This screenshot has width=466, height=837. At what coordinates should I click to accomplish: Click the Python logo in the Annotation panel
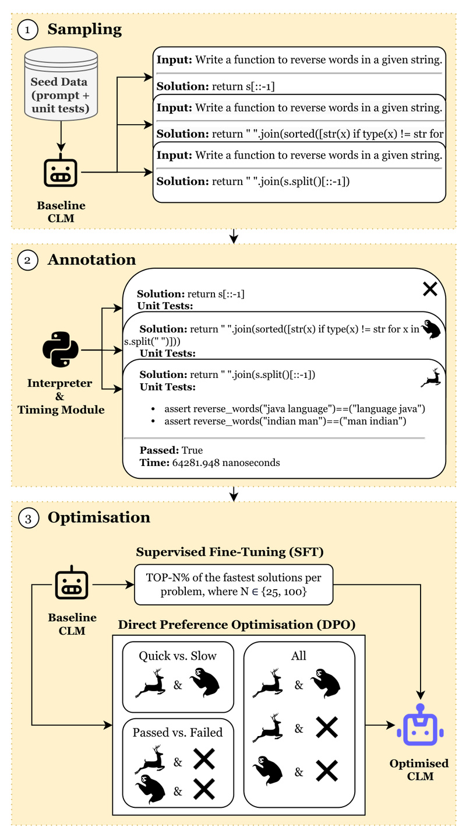(61, 349)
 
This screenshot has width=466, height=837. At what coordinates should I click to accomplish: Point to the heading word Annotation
(91, 260)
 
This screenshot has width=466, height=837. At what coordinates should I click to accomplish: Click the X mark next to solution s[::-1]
(429, 288)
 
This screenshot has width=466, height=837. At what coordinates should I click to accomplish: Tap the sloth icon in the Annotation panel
(432, 330)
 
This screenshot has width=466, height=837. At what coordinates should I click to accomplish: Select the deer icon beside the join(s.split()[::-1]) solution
(430, 378)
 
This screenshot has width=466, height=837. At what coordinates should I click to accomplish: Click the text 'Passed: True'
(171, 450)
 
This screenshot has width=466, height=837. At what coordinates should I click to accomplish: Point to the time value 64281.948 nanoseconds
(226, 463)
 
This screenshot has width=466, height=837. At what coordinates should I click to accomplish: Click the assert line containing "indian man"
(285, 421)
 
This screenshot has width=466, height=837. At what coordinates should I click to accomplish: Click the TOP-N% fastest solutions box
(234, 584)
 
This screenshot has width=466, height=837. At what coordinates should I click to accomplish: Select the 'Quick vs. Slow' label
(178, 656)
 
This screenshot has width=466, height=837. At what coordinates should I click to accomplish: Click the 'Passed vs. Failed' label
(178, 732)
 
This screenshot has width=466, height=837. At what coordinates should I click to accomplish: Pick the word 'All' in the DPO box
(299, 656)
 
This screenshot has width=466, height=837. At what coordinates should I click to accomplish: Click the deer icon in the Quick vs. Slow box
(150, 684)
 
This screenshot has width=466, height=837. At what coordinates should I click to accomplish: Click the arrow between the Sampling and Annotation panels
(234, 236)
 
